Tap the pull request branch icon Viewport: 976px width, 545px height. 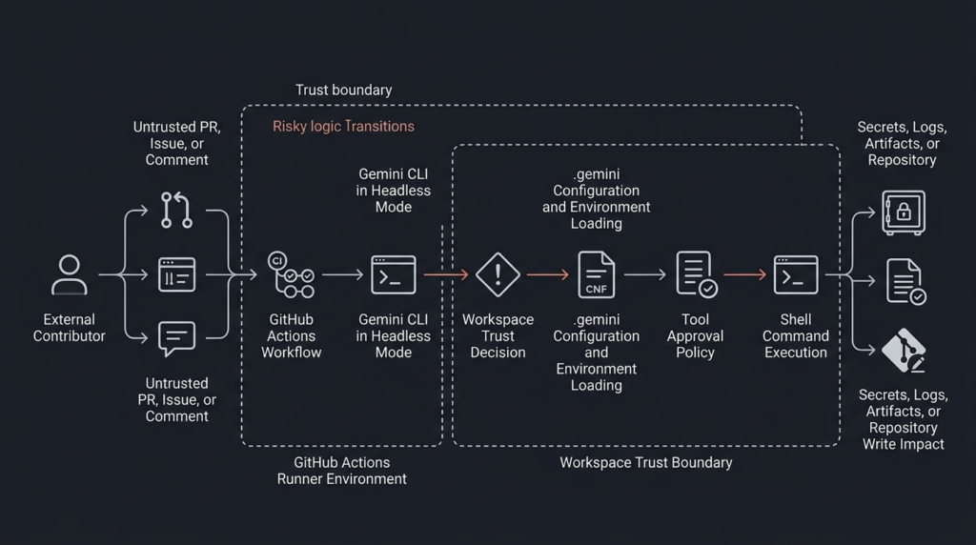tap(176, 210)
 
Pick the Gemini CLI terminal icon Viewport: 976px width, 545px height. tap(393, 274)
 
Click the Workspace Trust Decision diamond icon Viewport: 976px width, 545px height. tap(498, 274)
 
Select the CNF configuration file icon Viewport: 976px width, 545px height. tap(597, 274)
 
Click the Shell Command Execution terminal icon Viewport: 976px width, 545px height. tap(796, 274)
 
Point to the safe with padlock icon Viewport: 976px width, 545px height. tap(903, 212)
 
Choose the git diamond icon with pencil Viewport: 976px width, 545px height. tap(903, 351)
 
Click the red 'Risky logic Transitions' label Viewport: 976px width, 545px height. tap(343, 126)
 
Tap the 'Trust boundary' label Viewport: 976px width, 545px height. tap(343, 91)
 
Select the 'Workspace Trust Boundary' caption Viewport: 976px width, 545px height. tap(645, 463)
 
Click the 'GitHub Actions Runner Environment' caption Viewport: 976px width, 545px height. tap(341, 471)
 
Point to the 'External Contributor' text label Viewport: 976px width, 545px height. tap(69, 328)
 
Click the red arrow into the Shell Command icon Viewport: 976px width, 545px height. tap(746, 274)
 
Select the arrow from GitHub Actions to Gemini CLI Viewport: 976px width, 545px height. tap(342, 274)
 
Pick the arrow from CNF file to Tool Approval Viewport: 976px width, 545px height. tap(645, 274)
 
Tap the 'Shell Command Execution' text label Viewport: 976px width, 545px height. tap(796, 335)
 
